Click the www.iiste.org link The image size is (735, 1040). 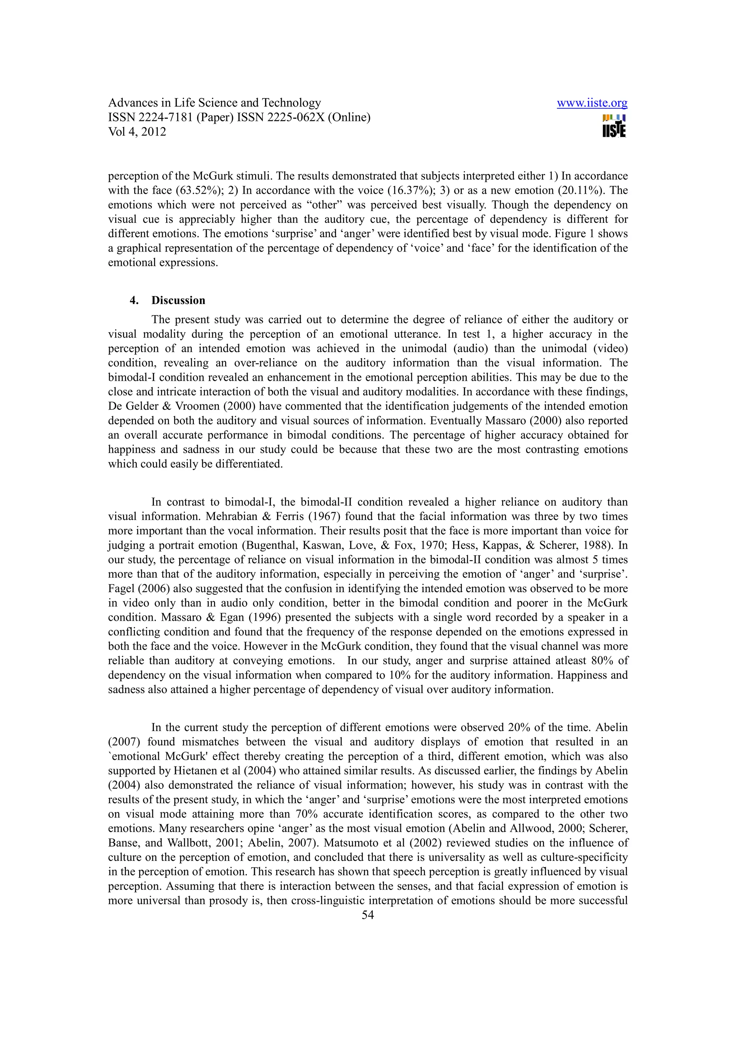pos(591,103)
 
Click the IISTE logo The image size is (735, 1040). pos(614,126)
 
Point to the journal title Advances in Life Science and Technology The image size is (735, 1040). pos(214,103)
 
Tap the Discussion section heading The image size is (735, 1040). pos(178,300)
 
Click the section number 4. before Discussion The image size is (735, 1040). pos(134,300)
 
